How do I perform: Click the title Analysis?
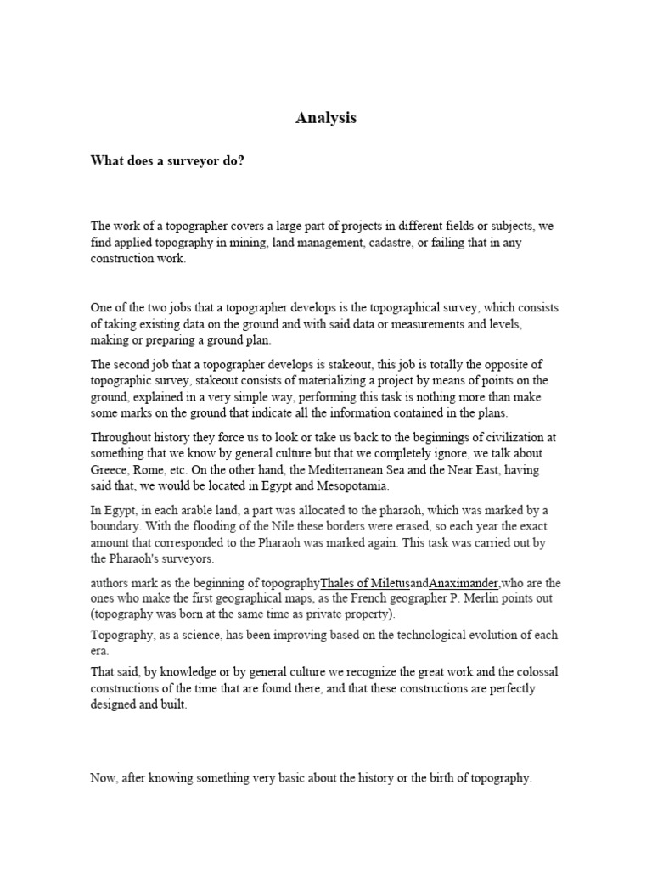(x=326, y=119)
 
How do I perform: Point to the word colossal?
(x=533, y=672)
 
